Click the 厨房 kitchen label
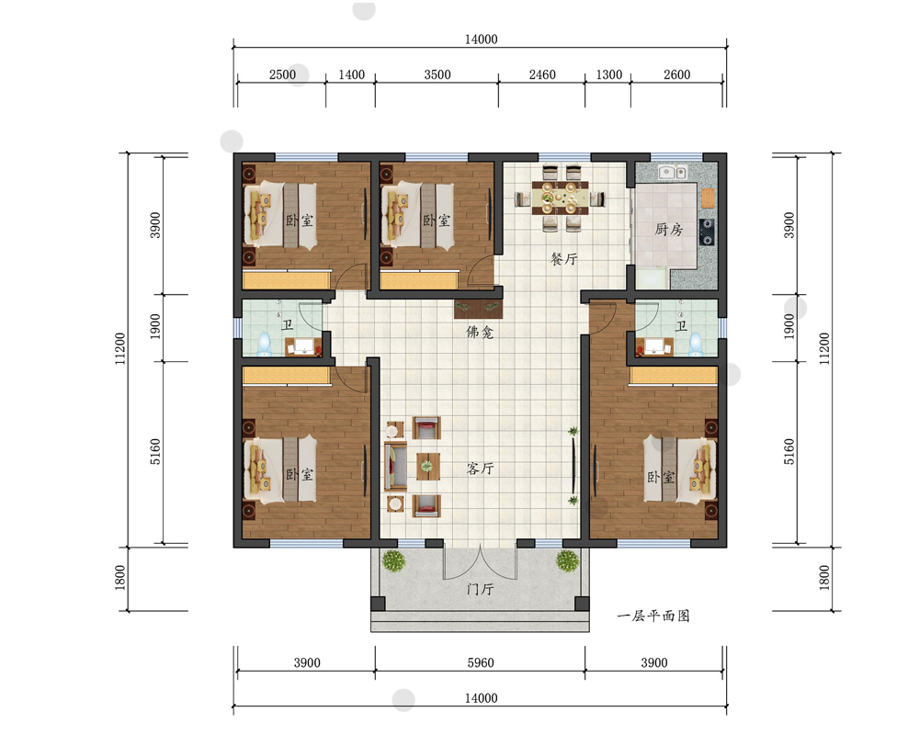point(669,229)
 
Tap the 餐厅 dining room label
point(564,258)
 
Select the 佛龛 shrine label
point(480,333)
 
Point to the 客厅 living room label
point(480,468)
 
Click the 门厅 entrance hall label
point(480,589)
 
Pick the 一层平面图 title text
point(653,616)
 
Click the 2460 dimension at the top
point(542,74)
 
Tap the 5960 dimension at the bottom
point(481,662)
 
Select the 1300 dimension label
point(609,74)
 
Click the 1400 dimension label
point(352,74)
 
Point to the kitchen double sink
point(673,173)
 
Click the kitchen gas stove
point(708,232)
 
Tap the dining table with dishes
point(559,198)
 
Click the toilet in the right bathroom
point(696,345)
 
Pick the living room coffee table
point(428,467)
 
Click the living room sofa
point(395,467)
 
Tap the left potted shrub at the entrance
point(394,560)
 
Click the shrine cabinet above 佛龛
point(478,309)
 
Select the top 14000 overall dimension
point(482,40)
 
